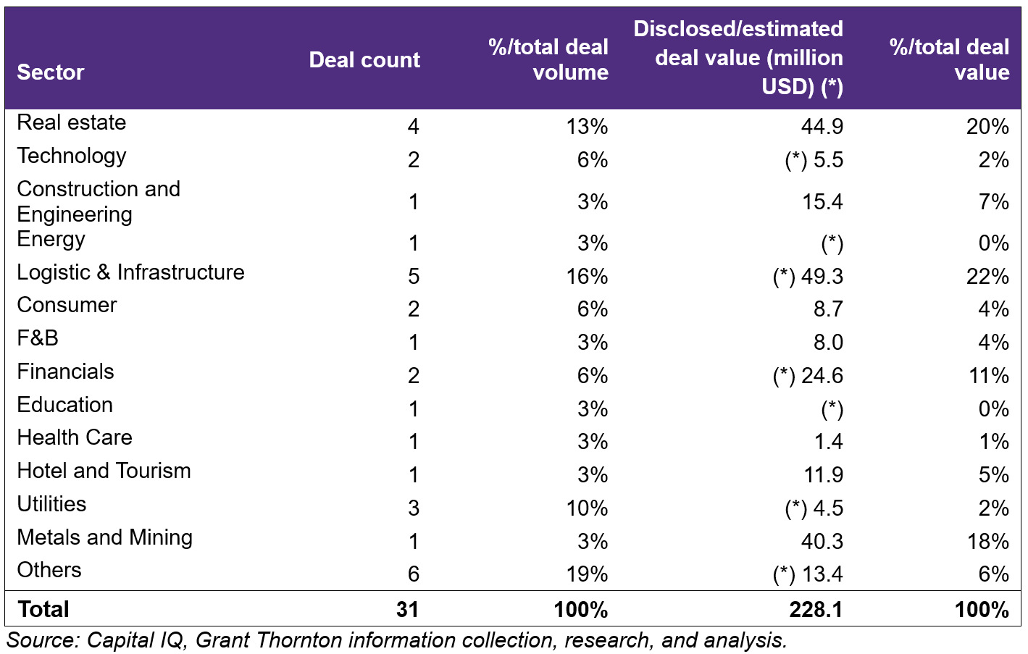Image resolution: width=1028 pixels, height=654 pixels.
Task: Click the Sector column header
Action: tap(51, 72)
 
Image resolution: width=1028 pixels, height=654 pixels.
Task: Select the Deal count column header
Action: tap(364, 60)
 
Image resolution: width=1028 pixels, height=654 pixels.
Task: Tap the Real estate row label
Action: tap(72, 122)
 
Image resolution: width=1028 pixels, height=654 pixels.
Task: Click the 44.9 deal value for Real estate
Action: tap(822, 127)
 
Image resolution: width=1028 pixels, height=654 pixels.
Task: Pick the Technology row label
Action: tap(72, 156)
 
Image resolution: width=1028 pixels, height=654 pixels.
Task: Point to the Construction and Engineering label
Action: tap(99, 201)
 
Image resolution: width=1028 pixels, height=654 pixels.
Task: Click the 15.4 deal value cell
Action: tap(822, 202)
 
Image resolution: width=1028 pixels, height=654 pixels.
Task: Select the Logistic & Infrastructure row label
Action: tap(131, 272)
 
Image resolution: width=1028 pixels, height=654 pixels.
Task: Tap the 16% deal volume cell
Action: tap(587, 277)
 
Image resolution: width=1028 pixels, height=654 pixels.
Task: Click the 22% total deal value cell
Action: tap(987, 277)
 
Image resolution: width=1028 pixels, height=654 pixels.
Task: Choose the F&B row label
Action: tap(38, 338)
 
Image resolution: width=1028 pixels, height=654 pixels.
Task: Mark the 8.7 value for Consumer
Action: tap(828, 309)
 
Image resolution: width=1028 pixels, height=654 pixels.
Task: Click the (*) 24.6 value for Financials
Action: tap(808, 376)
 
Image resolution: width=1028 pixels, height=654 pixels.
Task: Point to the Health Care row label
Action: tap(75, 437)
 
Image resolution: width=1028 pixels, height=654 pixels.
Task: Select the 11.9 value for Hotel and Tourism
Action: tap(823, 475)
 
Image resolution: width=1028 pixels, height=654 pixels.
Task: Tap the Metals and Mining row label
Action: tap(104, 537)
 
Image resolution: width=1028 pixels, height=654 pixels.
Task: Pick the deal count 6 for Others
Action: tap(414, 574)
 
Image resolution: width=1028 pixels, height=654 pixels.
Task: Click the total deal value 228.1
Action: tap(816, 610)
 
